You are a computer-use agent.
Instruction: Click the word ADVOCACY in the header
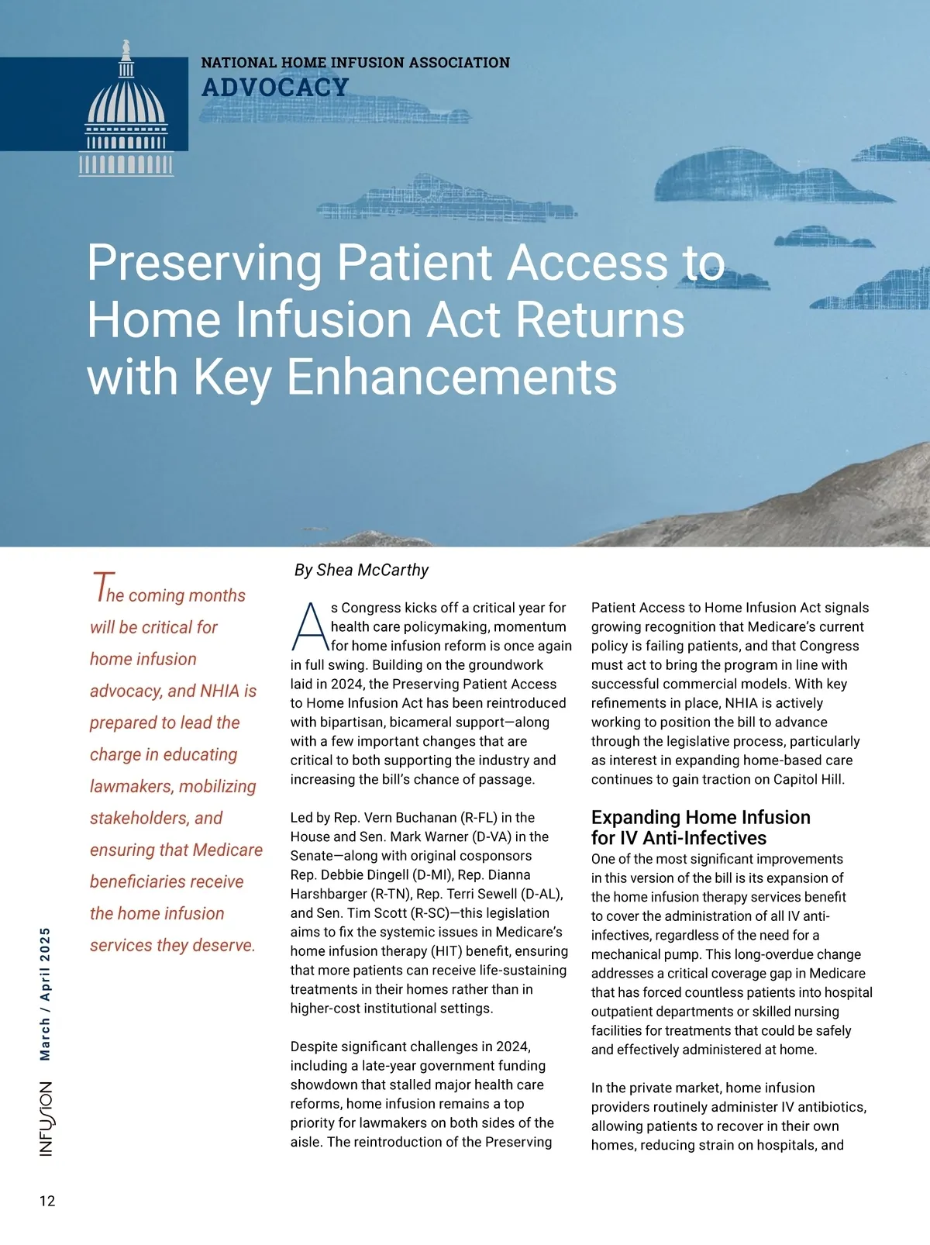tap(275, 88)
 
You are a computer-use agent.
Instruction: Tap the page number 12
tap(47, 1201)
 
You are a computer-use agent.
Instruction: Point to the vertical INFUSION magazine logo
tap(46, 1119)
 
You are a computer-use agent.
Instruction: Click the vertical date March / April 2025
tap(46, 994)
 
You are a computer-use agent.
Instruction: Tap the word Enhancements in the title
tap(452, 378)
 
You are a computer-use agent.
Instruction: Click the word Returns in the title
tap(601, 319)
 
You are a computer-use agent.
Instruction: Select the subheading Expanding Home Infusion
tap(701, 817)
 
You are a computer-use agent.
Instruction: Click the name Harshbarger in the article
tap(329, 894)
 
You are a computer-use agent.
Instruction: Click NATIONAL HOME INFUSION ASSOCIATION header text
tap(355, 63)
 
